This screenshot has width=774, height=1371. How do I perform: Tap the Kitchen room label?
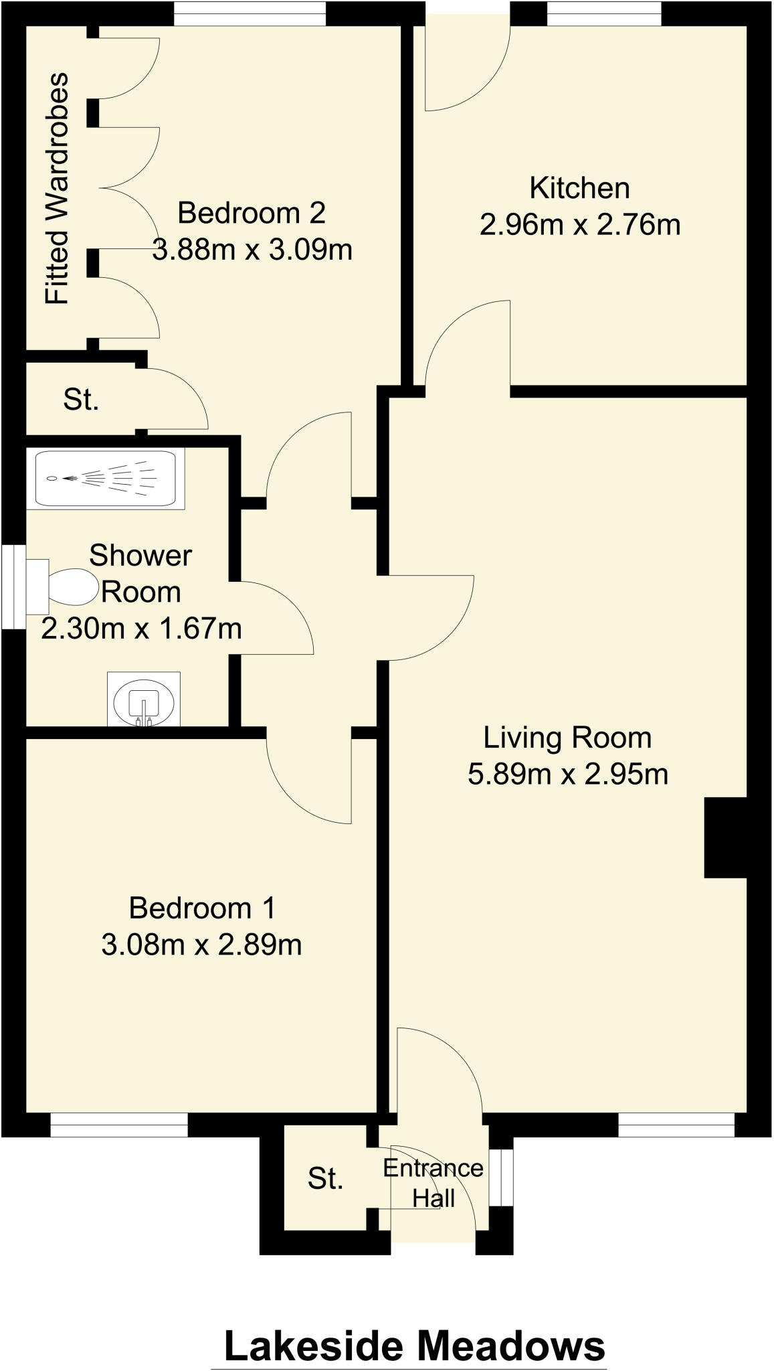pyautogui.click(x=579, y=188)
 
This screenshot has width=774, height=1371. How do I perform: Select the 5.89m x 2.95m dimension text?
pyautogui.click(x=567, y=775)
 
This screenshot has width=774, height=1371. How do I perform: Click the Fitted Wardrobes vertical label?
pyautogui.click(x=57, y=189)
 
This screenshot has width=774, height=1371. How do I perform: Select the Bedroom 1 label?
pyautogui.click(x=201, y=908)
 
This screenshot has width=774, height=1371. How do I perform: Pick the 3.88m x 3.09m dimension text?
pyautogui.click(x=252, y=250)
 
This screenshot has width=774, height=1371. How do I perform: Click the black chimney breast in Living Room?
pyautogui.click(x=724, y=837)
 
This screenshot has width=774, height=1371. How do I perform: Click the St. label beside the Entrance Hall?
pyautogui.click(x=326, y=1179)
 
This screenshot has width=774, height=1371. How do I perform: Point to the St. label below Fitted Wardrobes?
pyautogui.click(x=81, y=400)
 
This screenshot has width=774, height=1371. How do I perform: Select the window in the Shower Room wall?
pyautogui.click(x=12, y=587)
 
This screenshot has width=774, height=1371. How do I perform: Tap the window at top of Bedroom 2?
pyautogui.click(x=250, y=13)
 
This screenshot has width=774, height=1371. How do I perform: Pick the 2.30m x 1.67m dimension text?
pyautogui.click(x=141, y=629)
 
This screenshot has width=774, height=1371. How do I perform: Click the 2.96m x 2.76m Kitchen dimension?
pyautogui.click(x=579, y=225)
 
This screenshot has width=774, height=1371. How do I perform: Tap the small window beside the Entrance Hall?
pyautogui.click(x=500, y=1178)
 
